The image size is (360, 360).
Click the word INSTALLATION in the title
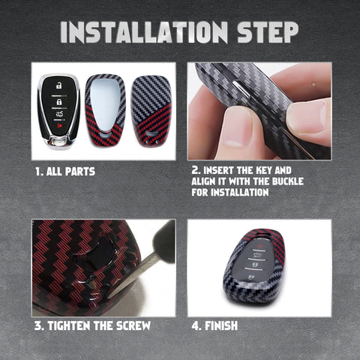(144, 32)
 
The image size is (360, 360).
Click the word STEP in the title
(268, 32)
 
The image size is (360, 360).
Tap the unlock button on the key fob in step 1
(58, 85)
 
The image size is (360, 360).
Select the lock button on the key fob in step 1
(59, 102)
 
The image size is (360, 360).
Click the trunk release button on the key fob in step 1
(59, 115)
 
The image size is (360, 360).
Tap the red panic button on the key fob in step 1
(59, 125)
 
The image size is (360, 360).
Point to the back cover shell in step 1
(151, 111)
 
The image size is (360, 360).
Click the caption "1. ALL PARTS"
(65, 172)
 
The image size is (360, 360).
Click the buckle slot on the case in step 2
(241, 88)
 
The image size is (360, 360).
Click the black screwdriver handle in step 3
(164, 241)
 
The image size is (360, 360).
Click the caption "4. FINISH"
(214, 325)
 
